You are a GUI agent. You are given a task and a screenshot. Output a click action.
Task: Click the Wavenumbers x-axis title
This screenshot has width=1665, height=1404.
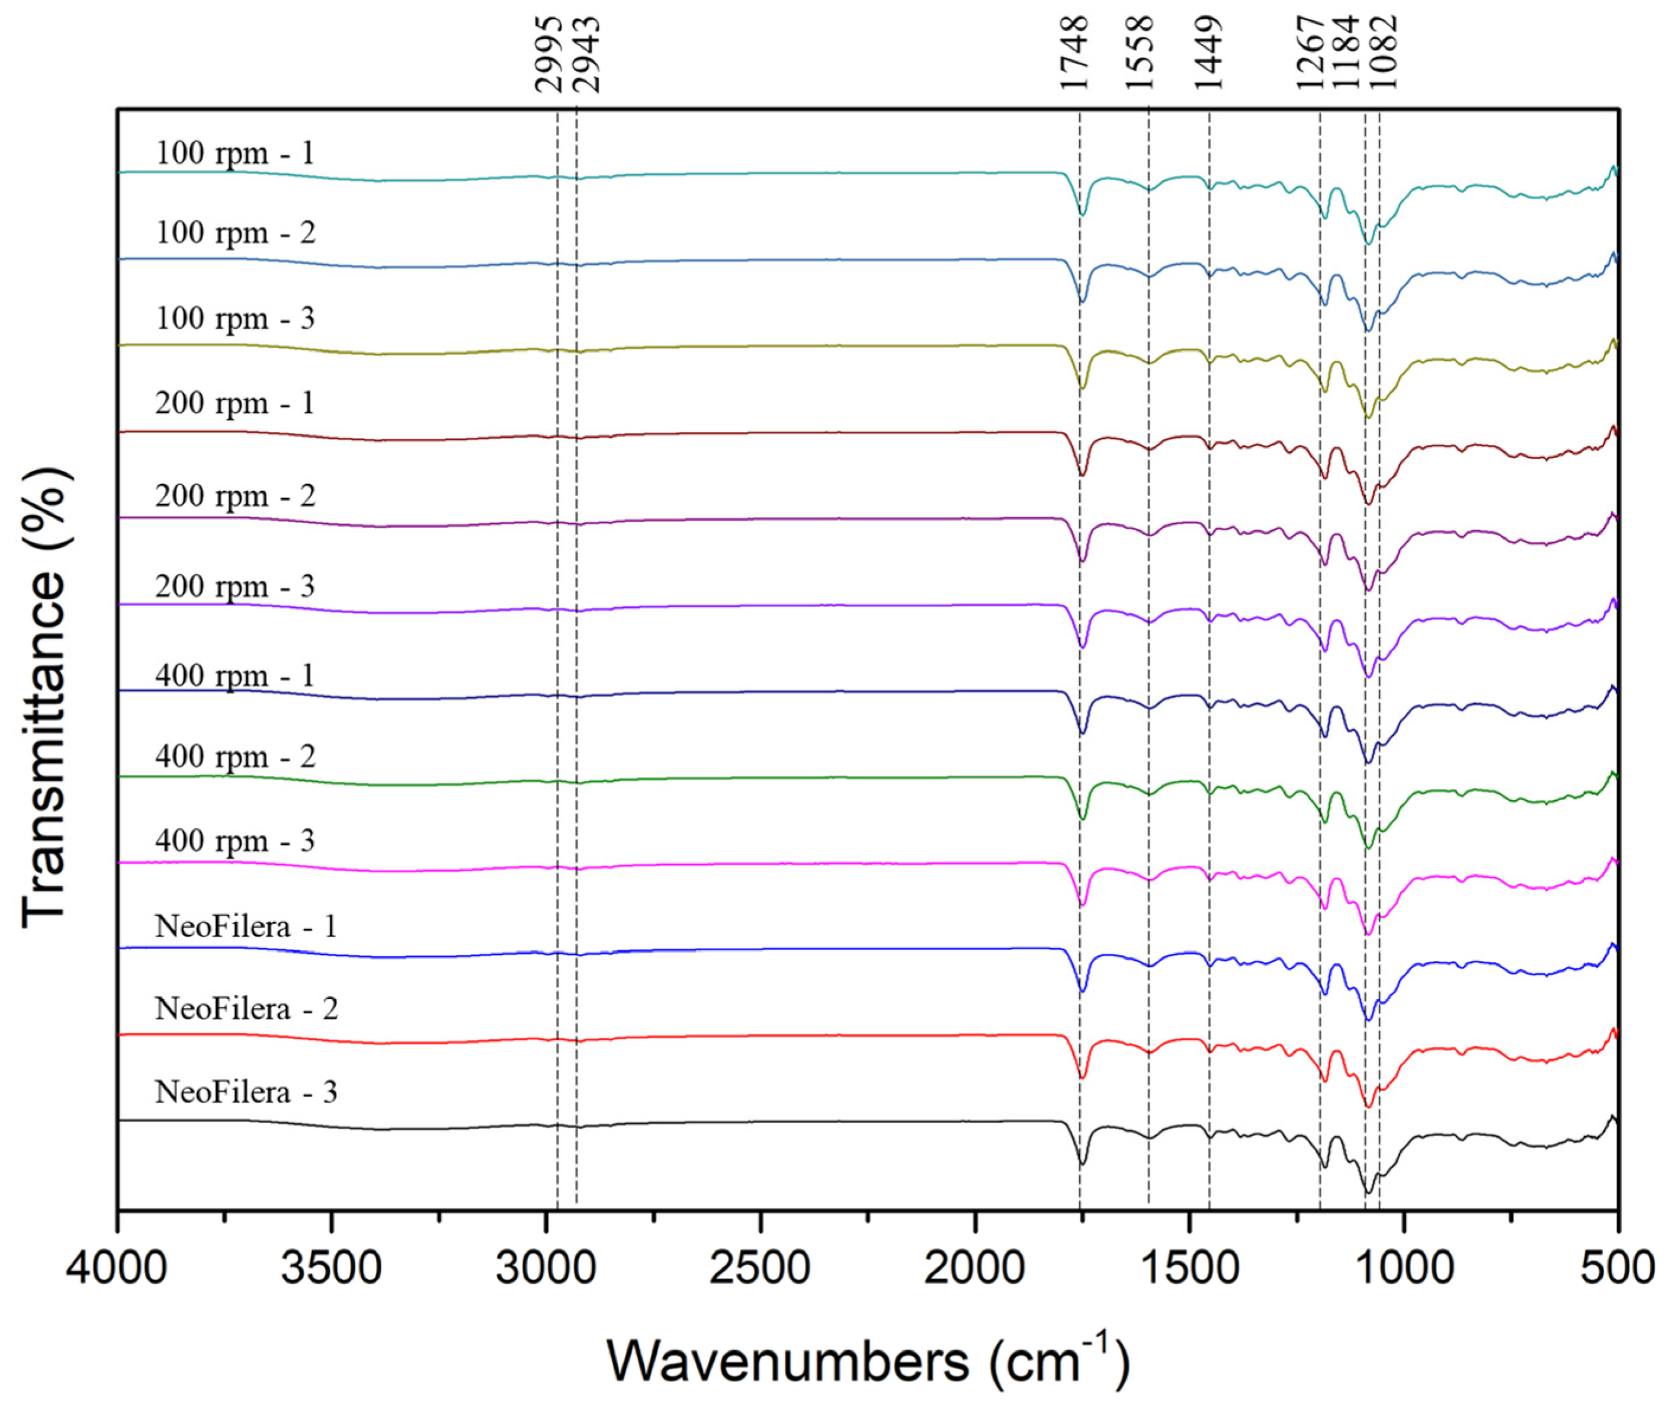tap(868, 1360)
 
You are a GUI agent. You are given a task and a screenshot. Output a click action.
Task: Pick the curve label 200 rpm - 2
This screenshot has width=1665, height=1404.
tap(235, 496)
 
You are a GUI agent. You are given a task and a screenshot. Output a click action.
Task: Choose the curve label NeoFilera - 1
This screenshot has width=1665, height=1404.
tap(246, 927)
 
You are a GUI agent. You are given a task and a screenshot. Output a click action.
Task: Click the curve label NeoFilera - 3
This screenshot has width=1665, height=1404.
tap(246, 1091)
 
